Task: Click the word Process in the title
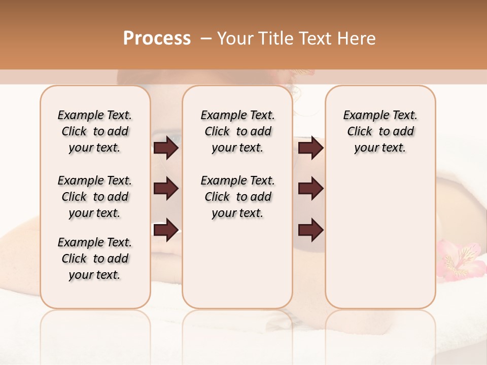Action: [157, 38]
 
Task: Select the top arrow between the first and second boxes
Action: [166, 148]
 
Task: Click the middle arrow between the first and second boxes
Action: [166, 189]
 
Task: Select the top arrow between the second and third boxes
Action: [311, 148]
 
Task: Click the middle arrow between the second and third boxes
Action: [311, 189]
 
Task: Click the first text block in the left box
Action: [95, 131]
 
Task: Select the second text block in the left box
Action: [95, 197]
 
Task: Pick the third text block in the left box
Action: [95, 259]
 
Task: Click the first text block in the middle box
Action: [238, 131]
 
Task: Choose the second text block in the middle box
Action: [238, 197]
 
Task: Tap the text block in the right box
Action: [380, 131]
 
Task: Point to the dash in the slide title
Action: [206, 39]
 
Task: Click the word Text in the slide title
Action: [315, 38]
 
